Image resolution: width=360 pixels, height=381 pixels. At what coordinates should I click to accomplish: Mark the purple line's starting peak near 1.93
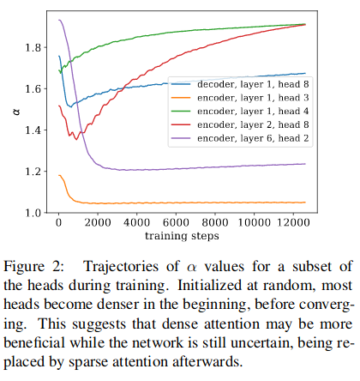[59, 20]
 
